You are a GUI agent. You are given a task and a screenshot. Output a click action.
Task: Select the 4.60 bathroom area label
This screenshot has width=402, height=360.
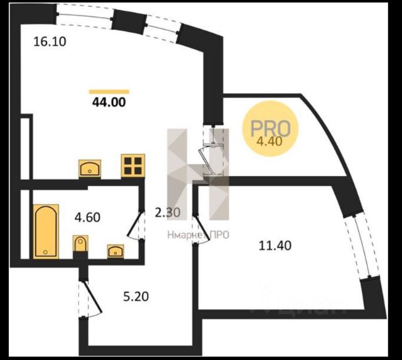[x=88, y=218]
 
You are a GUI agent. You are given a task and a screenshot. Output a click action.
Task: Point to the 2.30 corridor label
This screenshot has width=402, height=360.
[x=167, y=212]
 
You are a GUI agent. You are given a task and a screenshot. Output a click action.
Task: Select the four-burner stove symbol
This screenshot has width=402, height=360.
[x=133, y=165]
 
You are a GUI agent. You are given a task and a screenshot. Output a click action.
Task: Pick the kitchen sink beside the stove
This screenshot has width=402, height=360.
[x=91, y=168]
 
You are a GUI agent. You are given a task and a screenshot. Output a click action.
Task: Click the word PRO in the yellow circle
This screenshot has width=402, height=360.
[x=270, y=128]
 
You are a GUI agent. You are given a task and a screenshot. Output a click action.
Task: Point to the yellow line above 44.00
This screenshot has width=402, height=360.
[x=109, y=92]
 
